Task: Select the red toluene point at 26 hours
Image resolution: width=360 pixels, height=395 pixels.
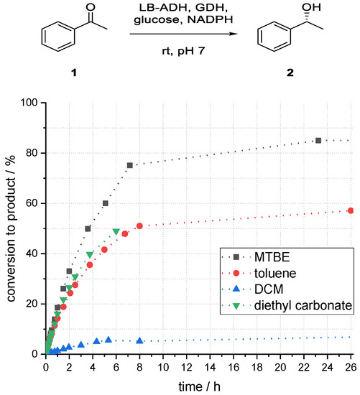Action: [350, 210]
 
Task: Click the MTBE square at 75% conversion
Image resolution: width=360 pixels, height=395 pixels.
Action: [130, 165]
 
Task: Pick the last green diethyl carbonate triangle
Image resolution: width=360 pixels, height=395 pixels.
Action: [116, 231]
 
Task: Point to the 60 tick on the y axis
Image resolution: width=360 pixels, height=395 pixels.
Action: [32, 203]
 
